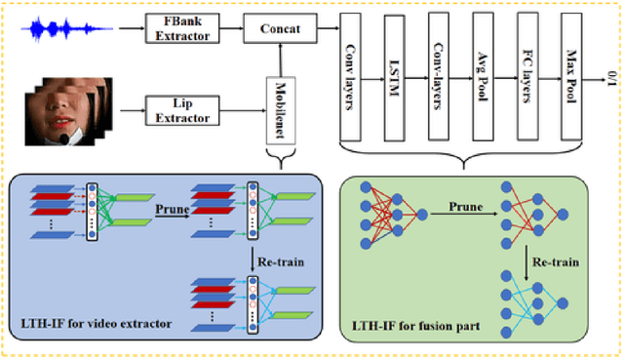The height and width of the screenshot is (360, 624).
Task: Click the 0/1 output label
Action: coord(610,78)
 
